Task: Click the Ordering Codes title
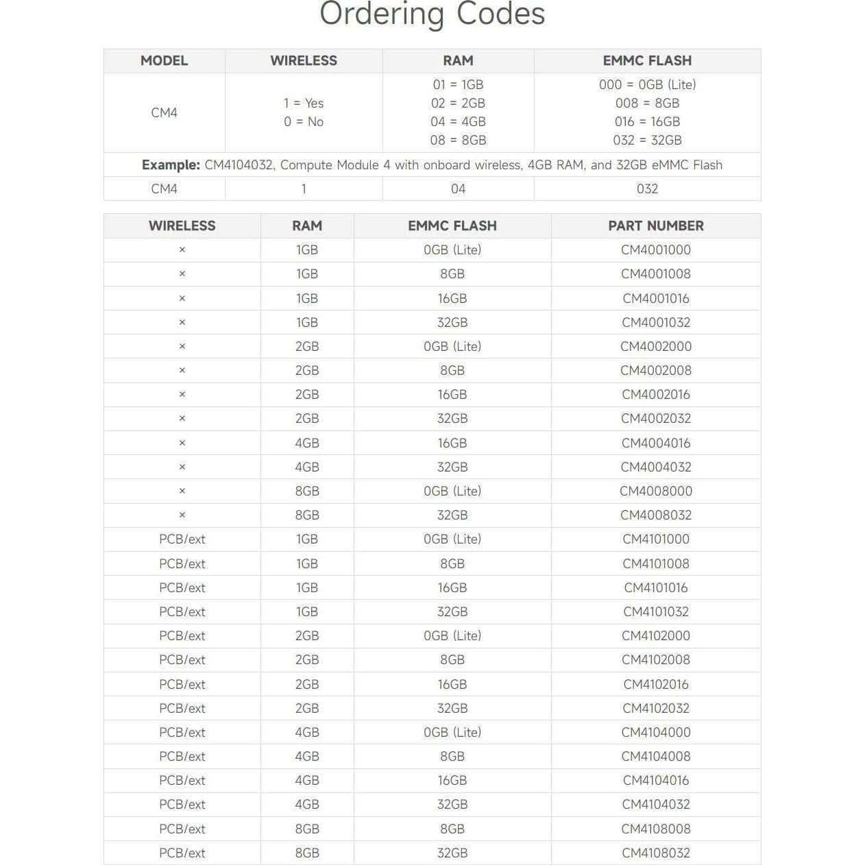(x=432, y=14)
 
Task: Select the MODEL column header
(x=164, y=60)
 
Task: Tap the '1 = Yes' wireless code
(x=304, y=103)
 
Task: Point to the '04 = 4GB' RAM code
(x=458, y=121)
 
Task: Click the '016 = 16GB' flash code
(x=647, y=121)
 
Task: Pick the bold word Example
(x=171, y=165)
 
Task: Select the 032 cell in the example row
(x=647, y=188)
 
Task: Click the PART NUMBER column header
(x=656, y=226)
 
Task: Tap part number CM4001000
(x=656, y=249)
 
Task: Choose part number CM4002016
(x=656, y=394)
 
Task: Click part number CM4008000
(x=656, y=491)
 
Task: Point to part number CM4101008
(x=656, y=563)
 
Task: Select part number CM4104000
(x=656, y=732)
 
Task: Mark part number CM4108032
(x=656, y=853)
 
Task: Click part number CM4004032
(x=656, y=467)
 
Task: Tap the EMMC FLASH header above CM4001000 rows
(x=452, y=226)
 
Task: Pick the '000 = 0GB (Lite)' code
(x=647, y=84)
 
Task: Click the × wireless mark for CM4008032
(x=182, y=515)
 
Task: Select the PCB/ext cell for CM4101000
(x=182, y=539)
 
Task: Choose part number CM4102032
(x=656, y=708)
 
